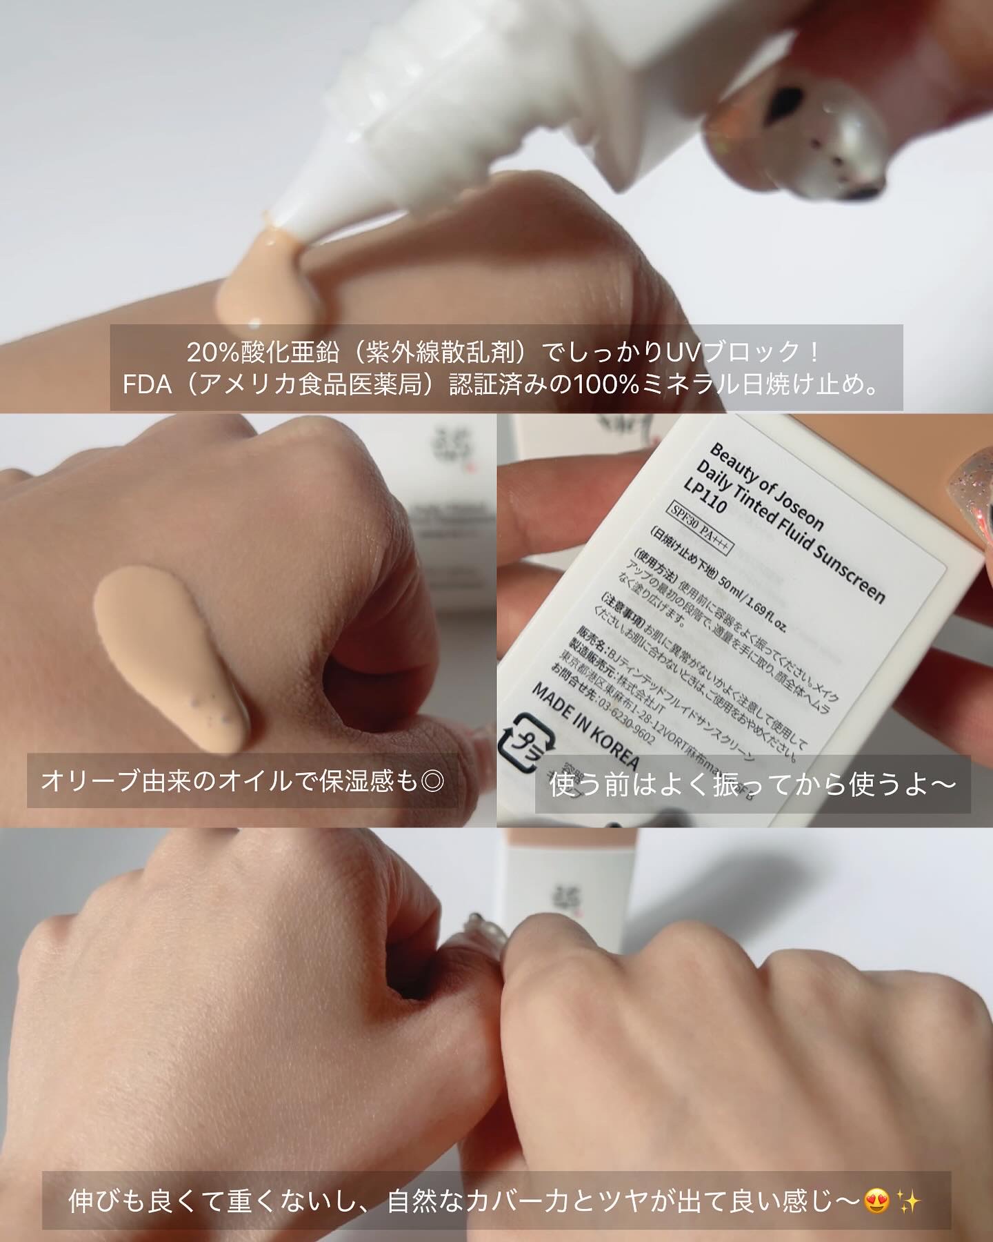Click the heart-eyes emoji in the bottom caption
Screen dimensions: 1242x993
point(876,1203)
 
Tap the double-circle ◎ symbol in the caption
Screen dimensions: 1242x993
point(432,782)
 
